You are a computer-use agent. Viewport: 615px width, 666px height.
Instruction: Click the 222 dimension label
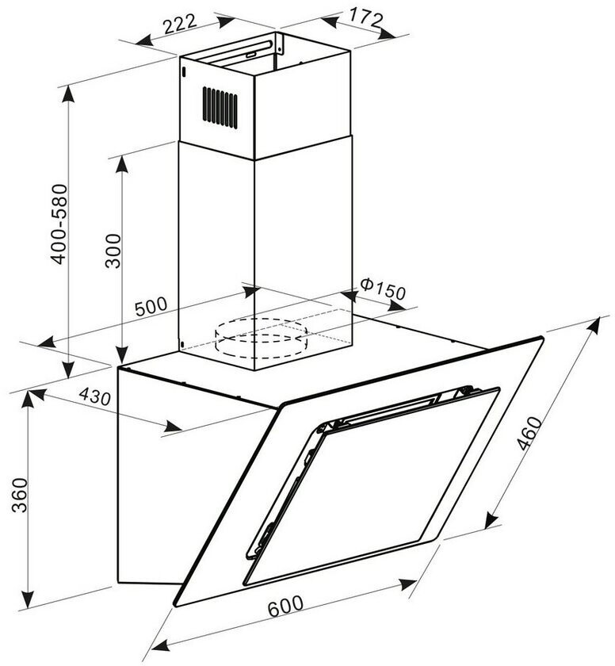pyautogui.click(x=180, y=25)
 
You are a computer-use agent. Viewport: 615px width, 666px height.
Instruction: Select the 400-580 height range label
pyautogui.click(x=58, y=224)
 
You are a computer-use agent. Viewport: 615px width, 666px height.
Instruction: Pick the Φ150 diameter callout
pyautogui.click(x=382, y=290)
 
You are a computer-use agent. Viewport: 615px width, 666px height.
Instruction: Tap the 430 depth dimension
pyautogui.click(x=94, y=399)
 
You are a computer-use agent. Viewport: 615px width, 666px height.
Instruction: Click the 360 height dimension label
pyautogui.click(x=17, y=496)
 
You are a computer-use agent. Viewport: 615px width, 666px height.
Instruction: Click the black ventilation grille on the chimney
pyautogui.click(x=220, y=105)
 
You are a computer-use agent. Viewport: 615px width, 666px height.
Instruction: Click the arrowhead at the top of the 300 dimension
pyautogui.click(x=122, y=160)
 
